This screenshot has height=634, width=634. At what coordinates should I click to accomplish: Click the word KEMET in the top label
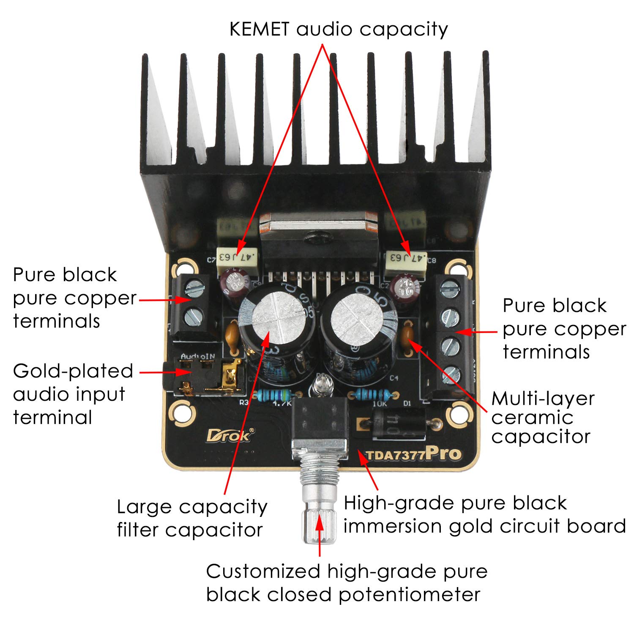coord(259,30)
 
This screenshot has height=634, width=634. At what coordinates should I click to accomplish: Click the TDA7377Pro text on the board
coord(413,454)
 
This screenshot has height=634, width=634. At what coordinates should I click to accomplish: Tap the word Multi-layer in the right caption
coord(543,399)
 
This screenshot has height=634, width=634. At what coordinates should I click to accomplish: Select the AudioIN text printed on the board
coord(198,356)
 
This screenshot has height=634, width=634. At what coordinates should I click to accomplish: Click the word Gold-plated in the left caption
coord(73,372)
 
